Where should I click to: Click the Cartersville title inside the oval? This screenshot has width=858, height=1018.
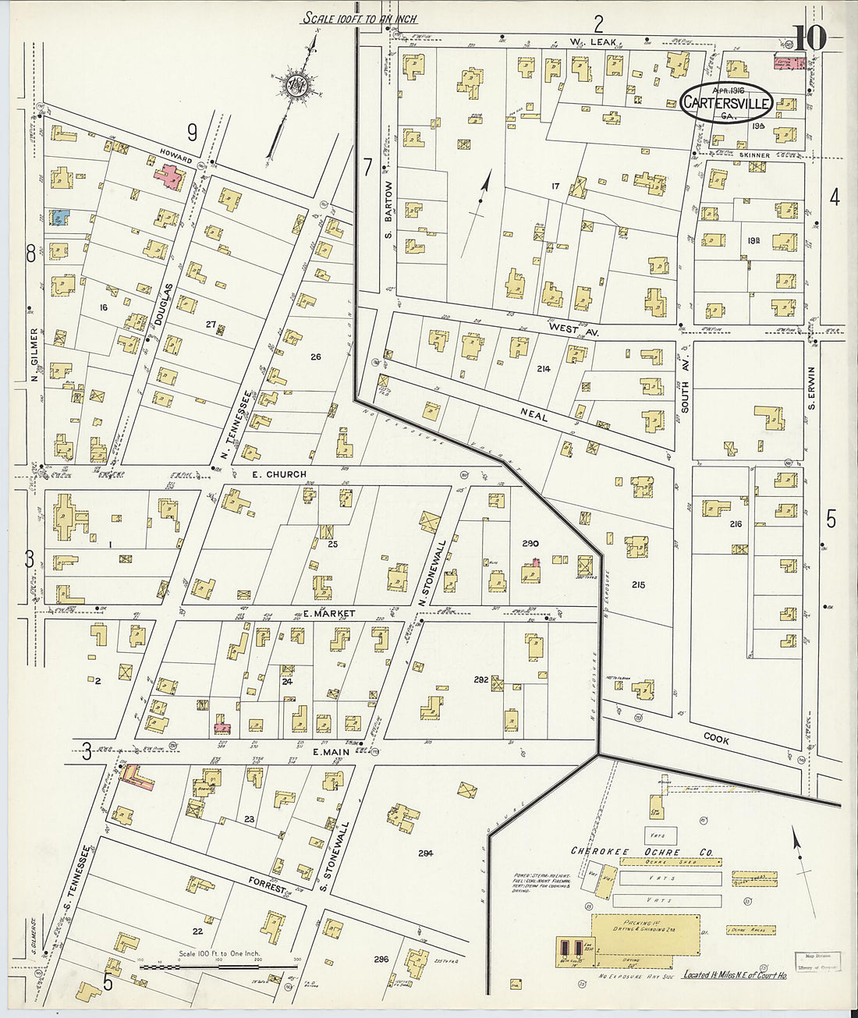pyautogui.click(x=727, y=102)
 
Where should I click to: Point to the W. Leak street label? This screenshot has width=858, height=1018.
pyautogui.click(x=593, y=41)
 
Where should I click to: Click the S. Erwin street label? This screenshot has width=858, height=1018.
pyautogui.click(x=812, y=388)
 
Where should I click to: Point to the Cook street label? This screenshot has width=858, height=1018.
pyautogui.click(x=715, y=738)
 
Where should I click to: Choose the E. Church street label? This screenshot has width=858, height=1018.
pyautogui.click(x=278, y=474)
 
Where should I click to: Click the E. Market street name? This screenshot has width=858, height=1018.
pyautogui.click(x=328, y=613)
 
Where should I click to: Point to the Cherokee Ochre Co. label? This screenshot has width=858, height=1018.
pyautogui.click(x=642, y=852)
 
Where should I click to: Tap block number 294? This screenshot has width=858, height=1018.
pyautogui.click(x=424, y=853)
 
